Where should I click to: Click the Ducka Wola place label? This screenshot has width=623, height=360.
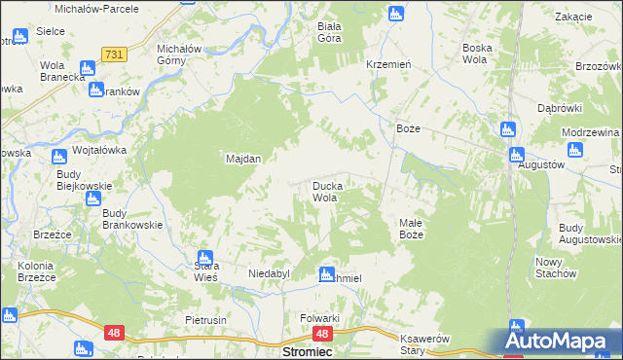click(324, 191)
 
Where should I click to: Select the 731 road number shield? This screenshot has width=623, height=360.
click(114, 55)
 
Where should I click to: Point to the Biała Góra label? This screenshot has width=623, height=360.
click(335, 34)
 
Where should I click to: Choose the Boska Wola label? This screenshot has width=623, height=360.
click(477, 54)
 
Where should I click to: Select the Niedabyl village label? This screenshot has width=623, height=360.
click(270, 274)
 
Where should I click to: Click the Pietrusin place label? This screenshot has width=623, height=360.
click(205, 320)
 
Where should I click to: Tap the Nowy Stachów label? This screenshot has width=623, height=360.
click(556, 268)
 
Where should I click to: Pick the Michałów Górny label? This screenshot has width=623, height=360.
click(179, 54)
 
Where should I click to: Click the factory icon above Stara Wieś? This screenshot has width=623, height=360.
click(204, 258)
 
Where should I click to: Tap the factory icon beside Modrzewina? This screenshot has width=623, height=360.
click(574, 151)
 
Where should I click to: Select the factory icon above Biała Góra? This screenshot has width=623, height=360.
click(395, 14)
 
